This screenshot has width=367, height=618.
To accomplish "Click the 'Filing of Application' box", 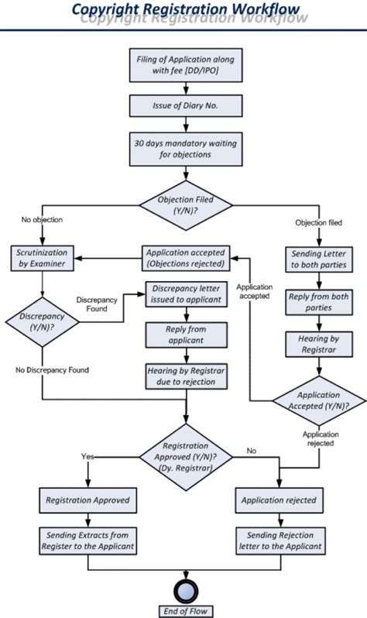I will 185,65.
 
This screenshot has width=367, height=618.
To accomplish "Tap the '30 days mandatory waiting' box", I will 185,149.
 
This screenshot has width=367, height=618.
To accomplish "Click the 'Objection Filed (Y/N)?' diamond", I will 185,205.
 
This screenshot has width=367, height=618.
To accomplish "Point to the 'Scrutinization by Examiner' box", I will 41,259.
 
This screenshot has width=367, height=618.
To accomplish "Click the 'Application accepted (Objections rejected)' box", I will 185,258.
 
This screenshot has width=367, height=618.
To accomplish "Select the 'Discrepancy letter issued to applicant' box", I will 186,295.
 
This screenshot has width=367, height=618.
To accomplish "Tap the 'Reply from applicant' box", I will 186,335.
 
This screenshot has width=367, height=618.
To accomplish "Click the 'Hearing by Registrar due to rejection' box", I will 186,376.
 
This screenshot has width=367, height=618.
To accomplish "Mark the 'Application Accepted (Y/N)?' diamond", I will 319,400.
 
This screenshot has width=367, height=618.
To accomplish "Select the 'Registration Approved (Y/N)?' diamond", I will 185,457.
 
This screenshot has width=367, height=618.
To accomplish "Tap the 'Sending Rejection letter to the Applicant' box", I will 279,541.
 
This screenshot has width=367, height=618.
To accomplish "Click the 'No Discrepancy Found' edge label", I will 52,370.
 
